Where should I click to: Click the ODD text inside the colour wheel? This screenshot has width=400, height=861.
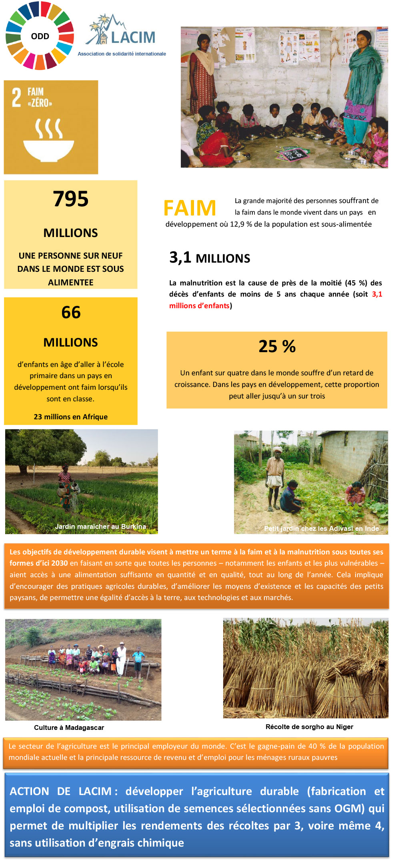click(40, 36)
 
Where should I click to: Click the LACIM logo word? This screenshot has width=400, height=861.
click(133, 37)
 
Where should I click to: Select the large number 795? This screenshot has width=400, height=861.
click(70, 199)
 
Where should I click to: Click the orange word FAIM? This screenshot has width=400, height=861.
click(190, 208)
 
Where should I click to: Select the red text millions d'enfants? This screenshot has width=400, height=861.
click(199, 306)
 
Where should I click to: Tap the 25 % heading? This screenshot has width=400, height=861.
click(277, 346)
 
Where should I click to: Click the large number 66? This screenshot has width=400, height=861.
click(71, 312)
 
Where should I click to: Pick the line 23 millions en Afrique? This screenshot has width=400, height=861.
click(70, 417)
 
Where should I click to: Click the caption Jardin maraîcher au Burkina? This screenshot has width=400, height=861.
click(100, 526)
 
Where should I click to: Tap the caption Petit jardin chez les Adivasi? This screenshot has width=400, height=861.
click(321, 528)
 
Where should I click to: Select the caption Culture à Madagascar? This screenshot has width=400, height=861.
click(69, 727)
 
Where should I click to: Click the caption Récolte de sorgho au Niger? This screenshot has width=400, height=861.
click(309, 727)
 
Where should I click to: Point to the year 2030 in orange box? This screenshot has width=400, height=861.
click(59, 563)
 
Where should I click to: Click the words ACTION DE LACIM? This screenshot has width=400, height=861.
click(60, 791)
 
